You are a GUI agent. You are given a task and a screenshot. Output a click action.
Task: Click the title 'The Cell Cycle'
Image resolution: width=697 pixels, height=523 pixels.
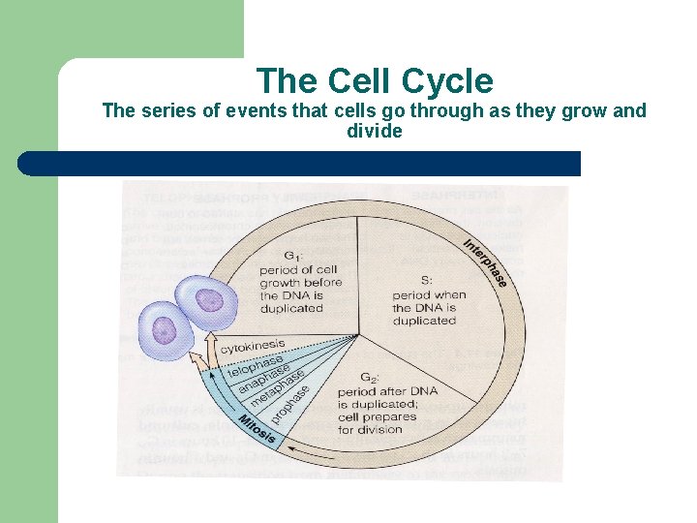coord(375,81)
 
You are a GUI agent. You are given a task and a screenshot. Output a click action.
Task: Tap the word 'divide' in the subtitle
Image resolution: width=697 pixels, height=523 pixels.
coord(375,131)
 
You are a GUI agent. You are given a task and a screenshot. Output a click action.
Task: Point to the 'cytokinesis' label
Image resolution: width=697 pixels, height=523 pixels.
coord(253,346)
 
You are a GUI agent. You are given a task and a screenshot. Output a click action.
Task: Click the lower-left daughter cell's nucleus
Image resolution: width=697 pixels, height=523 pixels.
coord(166,328)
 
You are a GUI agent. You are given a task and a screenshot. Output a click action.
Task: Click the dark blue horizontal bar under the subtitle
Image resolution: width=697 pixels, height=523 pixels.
coord(299,164)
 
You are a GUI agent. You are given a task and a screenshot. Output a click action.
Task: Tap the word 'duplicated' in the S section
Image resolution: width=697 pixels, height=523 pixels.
coord(424,321)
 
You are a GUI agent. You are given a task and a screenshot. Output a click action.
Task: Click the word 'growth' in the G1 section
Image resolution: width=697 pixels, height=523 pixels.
coord(279,282)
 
